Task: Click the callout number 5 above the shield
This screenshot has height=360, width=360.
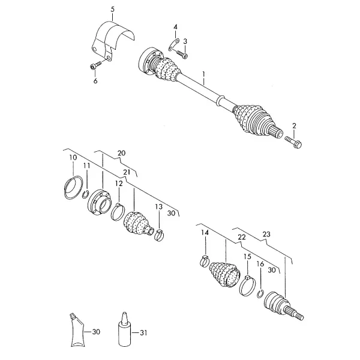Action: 112,10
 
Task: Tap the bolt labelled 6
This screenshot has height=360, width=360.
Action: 95,65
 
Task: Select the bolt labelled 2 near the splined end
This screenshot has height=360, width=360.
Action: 293,142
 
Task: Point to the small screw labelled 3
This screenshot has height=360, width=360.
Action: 182,54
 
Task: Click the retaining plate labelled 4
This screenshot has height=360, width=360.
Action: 173,45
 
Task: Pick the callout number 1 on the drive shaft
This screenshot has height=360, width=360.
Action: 203,74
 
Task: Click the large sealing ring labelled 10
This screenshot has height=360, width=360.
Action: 73,187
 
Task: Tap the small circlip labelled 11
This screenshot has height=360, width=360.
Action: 85,194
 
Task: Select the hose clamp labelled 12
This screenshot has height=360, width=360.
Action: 118,211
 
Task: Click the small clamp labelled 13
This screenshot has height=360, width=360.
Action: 160,235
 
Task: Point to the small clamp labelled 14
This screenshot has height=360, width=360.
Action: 205,261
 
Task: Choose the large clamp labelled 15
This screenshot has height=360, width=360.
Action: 247,286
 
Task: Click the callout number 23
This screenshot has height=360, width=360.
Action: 266,235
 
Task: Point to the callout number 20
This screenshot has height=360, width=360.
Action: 121,153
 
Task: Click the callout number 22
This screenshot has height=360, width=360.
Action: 242,237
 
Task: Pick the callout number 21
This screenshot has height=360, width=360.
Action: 127,172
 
